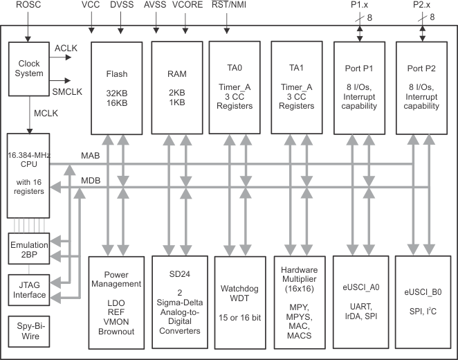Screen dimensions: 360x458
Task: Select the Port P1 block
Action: (358, 87)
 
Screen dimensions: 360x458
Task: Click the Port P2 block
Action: (420, 87)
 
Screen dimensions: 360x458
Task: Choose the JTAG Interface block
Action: (28, 290)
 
